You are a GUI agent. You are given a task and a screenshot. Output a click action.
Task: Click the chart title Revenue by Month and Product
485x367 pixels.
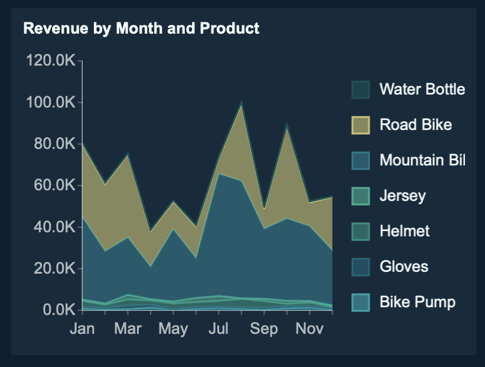click(141, 28)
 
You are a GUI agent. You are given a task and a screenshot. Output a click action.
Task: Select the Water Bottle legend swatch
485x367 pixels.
click(360, 90)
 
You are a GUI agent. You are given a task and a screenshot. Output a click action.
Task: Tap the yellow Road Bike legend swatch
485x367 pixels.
click(360, 125)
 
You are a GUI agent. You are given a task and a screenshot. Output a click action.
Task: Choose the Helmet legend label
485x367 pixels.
click(405, 231)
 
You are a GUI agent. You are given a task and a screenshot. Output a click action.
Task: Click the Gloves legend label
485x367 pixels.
click(403, 267)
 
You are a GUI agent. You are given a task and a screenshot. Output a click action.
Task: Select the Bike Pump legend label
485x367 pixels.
click(417, 302)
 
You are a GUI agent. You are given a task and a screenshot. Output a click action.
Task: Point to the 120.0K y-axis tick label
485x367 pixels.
click(50, 61)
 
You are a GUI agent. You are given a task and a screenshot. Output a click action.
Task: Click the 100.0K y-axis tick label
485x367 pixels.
click(50, 102)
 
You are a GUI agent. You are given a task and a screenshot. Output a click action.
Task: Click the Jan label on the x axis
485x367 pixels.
click(82, 329)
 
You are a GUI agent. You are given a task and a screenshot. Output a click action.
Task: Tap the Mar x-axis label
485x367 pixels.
click(128, 329)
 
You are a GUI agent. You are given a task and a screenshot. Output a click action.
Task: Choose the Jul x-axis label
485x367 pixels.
click(219, 329)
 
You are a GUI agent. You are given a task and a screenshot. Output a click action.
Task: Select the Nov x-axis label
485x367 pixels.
click(310, 329)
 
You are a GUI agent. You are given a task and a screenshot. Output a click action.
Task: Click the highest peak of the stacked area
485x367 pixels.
click(242, 103)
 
